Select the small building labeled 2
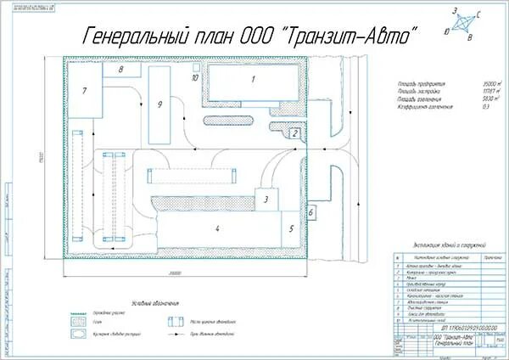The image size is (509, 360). click(x=294, y=132)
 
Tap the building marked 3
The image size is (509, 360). click(x=266, y=200)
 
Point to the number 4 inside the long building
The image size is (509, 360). click(x=217, y=228)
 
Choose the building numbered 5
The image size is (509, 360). click(x=290, y=228)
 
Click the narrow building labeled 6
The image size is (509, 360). click(x=311, y=211)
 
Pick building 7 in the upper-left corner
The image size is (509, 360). click(x=85, y=90)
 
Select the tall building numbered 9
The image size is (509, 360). click(x=159, y=104)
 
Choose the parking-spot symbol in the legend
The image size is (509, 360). click(x=176, y=321)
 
